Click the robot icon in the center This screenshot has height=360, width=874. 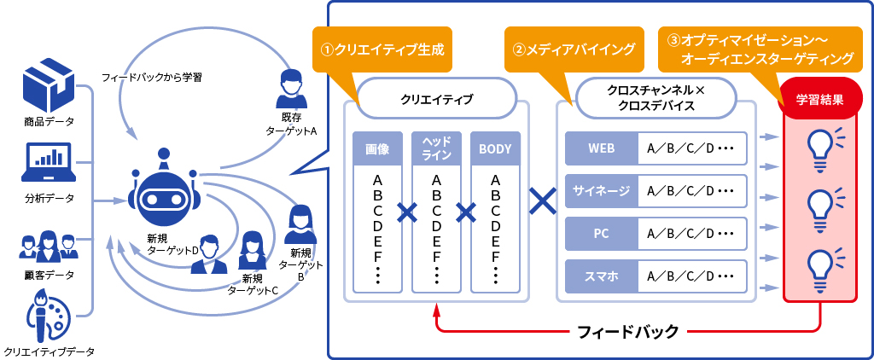(x=165, y=194)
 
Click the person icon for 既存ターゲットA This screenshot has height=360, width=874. (x=292, y=88)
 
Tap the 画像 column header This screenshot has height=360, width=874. (x=377, y=148)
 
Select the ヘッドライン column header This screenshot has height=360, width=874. (x=436, y=148)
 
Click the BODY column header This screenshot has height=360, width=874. (x=495, y=148)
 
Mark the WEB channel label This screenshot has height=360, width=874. (x=601, y=148)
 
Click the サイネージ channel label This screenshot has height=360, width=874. (x=601, y=191)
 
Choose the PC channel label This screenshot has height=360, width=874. (x=601, y=233)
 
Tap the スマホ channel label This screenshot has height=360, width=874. (x=601, y=276)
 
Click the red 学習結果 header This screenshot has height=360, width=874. (x=820, y=99)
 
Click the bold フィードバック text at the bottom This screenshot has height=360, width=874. (x=628, y=330)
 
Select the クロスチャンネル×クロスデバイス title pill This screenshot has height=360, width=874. (x=656, y=98)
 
